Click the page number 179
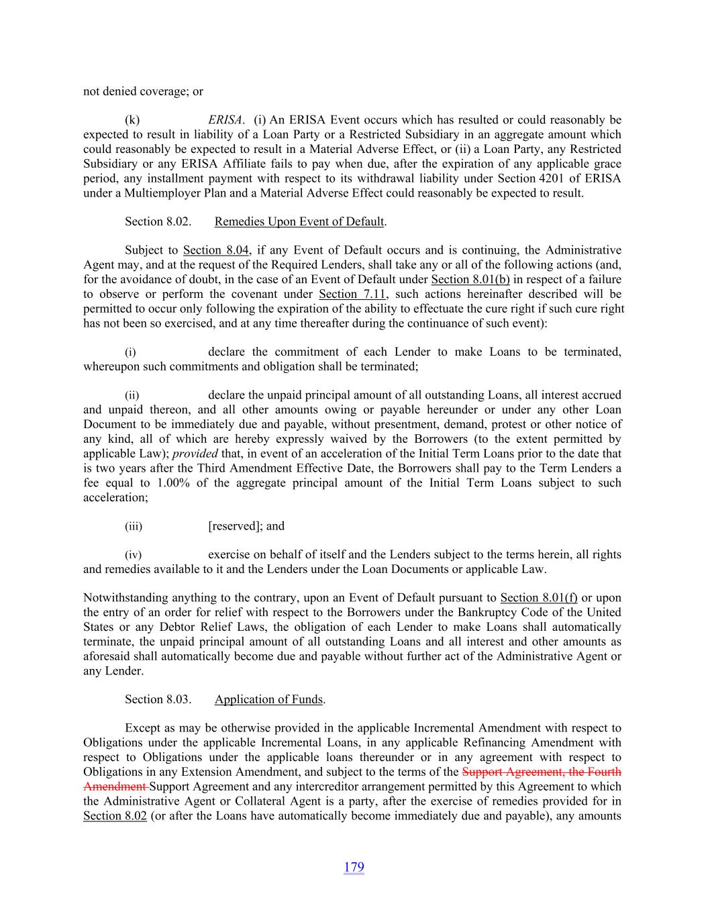[354, 867]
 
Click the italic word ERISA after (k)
[225, 120]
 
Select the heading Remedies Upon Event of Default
[299, 221]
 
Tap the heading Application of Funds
[268, 699]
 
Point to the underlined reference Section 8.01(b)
[470, 279]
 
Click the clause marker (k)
[132, 120]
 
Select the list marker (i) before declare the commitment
[130, 352]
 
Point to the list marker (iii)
[134, 527]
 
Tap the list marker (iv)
[134, 555]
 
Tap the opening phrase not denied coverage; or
[143, 91]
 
